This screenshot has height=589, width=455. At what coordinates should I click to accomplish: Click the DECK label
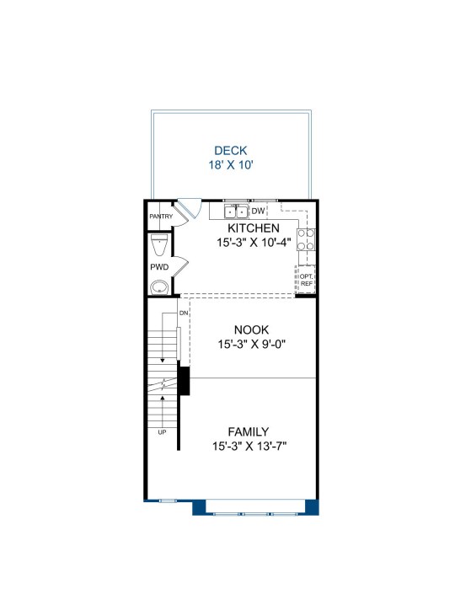230,150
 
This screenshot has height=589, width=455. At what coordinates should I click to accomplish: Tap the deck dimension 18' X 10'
231,164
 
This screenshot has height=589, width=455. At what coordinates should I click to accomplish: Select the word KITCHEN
254,228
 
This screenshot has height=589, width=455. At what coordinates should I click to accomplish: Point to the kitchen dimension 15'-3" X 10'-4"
254,243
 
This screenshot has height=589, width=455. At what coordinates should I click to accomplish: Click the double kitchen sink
236,212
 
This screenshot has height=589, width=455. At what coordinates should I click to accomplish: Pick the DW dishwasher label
258,212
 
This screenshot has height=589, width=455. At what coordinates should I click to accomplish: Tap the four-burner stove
306,239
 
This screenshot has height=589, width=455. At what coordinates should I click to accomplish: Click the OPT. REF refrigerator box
306,280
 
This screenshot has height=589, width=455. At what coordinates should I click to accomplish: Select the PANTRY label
161,217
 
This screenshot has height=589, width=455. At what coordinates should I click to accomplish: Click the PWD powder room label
159,267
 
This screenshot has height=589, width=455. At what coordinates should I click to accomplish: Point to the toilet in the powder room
159,244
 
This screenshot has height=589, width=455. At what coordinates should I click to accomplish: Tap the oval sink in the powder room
160,288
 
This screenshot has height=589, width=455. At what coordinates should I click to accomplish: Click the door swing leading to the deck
190,209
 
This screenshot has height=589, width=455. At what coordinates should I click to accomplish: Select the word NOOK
251,329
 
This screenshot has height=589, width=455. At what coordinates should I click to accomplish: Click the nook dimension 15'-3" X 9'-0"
252,344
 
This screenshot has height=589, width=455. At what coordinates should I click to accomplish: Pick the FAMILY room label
249,431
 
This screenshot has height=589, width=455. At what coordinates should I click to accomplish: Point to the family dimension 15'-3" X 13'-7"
249,447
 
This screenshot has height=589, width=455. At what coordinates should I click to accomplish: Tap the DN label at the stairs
184,313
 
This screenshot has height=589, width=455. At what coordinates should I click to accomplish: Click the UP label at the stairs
162,432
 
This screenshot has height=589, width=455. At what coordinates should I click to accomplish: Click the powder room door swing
180,267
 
